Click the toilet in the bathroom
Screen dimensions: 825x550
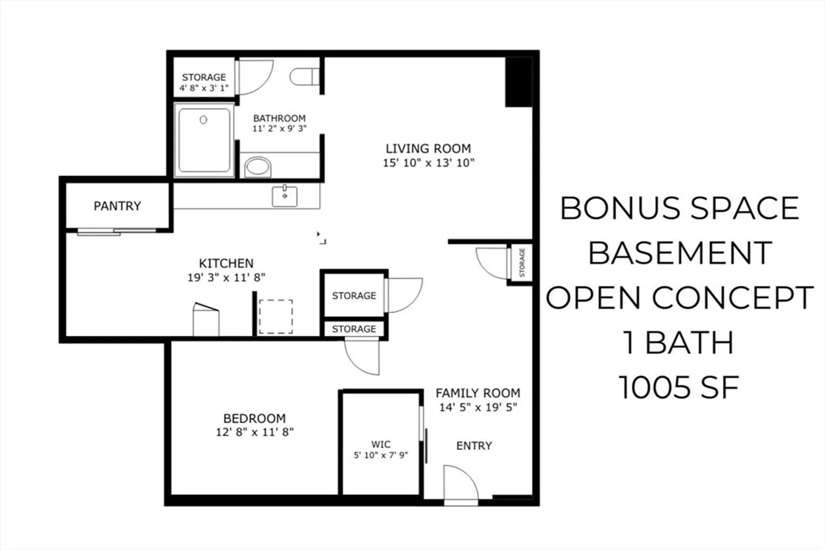[304, 76]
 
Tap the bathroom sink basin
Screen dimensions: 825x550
[258, 167]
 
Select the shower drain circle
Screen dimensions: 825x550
[203, 120]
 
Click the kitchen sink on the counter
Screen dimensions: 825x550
[284, 196]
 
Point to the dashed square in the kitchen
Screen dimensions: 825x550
[276, 317]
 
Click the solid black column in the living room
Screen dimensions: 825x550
[519, 81]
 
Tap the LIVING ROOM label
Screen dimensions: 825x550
[428, 149]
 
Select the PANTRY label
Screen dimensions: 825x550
[117, 206]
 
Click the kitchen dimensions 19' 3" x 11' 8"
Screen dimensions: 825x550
[226, 277]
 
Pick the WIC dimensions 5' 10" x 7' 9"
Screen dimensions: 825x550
[381, 455]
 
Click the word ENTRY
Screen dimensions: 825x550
[474, 446]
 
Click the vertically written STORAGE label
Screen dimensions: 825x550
[521, 262]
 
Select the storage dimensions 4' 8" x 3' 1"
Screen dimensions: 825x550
[204, 88]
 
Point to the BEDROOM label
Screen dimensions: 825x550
[254, 418]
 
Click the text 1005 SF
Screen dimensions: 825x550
[679, 387]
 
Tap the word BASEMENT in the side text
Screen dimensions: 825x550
[680, 253]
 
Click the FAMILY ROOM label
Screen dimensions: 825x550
[477, 393]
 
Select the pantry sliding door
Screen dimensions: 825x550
[117, 232]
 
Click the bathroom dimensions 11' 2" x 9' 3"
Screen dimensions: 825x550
[280, 128]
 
